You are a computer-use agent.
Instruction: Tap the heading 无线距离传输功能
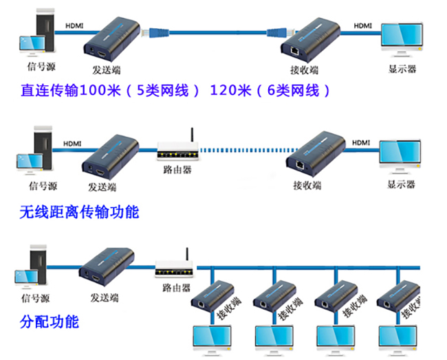[x=79, y=212]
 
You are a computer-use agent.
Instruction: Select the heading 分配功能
[x=50, y=322]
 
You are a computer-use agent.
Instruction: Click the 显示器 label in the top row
[x=402, y=69]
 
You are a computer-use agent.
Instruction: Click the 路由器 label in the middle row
[x=177, y=167]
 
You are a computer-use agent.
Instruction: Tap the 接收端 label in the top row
[x=305, y=69]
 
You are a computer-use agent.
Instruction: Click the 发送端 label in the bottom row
[x=103, y=297]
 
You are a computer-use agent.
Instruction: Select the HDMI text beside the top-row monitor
[x=362, y=25]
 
